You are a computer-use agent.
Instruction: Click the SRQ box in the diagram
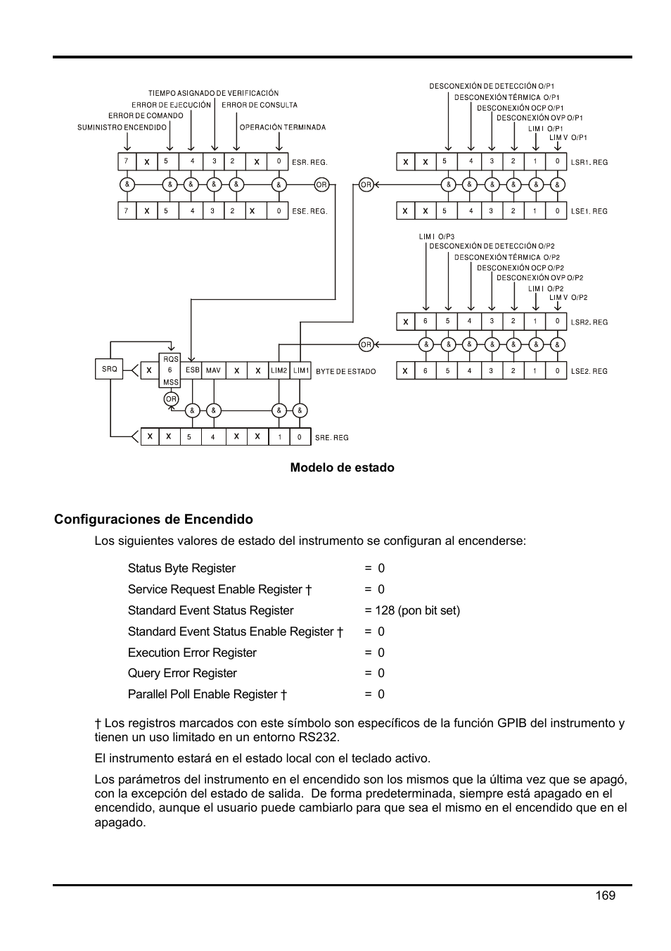point(110,369)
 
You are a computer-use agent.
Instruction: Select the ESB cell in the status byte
point(192,370)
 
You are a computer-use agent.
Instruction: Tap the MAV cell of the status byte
point(213,370)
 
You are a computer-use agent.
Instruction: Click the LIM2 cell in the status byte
point(279,370)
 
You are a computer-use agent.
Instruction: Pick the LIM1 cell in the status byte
point(301,370)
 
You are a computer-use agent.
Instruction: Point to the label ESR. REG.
point(309,163)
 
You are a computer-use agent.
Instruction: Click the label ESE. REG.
point(309,211)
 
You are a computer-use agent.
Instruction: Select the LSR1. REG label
point(589,163)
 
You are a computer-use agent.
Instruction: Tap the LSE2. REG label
point(589,371)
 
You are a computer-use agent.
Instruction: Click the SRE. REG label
point(331,438)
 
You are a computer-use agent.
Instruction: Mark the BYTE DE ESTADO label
point(345,372)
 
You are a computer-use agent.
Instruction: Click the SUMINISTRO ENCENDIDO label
point(122,127)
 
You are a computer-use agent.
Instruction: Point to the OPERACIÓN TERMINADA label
point(283,127)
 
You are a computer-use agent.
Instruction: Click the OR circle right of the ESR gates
point(321,184)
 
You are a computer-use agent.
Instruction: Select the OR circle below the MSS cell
point(171,399)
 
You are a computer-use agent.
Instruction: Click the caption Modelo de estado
point(342,467)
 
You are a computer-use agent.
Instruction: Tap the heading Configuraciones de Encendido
point(153,519)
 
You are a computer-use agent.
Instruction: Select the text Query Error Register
point(182,673)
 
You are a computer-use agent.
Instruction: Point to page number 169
point(605,895)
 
